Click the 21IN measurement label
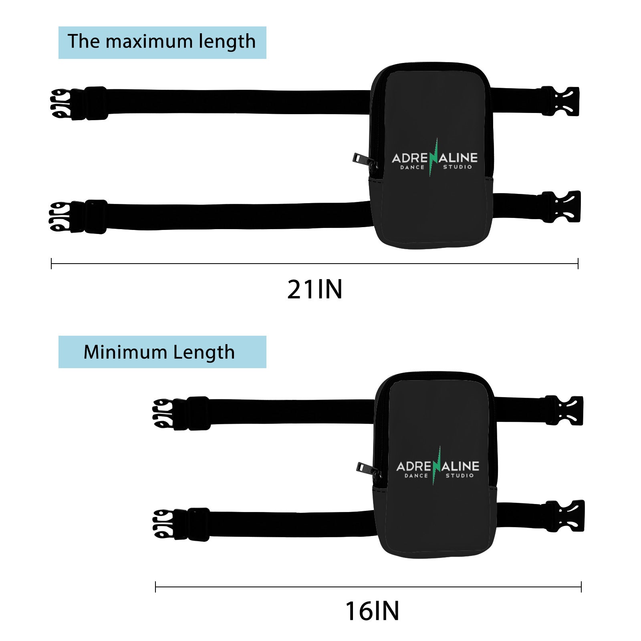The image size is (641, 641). pos(315,290)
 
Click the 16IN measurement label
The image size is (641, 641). pos(372,611)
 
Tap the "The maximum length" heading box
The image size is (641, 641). pos(162,42)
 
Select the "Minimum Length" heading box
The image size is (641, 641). pos(162,352)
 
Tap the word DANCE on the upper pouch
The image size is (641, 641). pos(412,167)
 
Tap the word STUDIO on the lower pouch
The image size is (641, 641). pos(460,476)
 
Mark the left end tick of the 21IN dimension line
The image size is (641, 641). pos(52,264)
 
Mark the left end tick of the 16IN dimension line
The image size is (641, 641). pos(155,587)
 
